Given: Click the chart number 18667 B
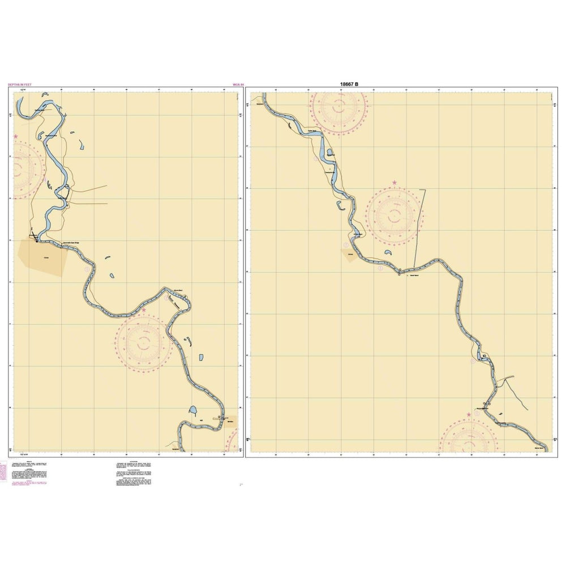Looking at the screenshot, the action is [x=349, y=84].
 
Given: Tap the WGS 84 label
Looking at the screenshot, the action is [x=238, y=85].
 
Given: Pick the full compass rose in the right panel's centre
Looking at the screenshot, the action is [x=395, y=214].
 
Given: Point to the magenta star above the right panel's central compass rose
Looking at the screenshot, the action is [x=395, y=183].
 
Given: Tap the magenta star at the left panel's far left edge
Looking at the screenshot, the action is [x=16, y=137].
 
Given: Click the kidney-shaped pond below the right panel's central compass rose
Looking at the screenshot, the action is [x=388, y=253].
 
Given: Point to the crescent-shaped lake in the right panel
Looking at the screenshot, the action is [x=342, y=206].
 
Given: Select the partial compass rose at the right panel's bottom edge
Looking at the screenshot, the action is [x=469, y=438].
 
